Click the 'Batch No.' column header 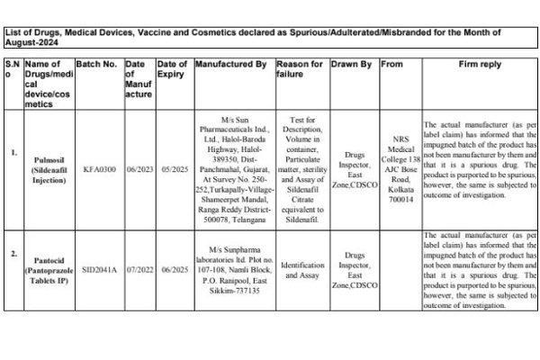pos(97,65)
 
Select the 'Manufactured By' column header pos(230,65)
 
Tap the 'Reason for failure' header pos(299,70)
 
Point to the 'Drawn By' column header pos(351,65)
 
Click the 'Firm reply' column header pos(480,65)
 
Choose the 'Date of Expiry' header pos(172,70)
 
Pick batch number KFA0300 pos(100,168)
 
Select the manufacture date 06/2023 pos(139,168)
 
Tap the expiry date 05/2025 pos(172,168)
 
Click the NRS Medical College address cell pos(397,168)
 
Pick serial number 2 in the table pos(13,254)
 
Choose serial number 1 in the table pos(13,152)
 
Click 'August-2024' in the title pos(31,42)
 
